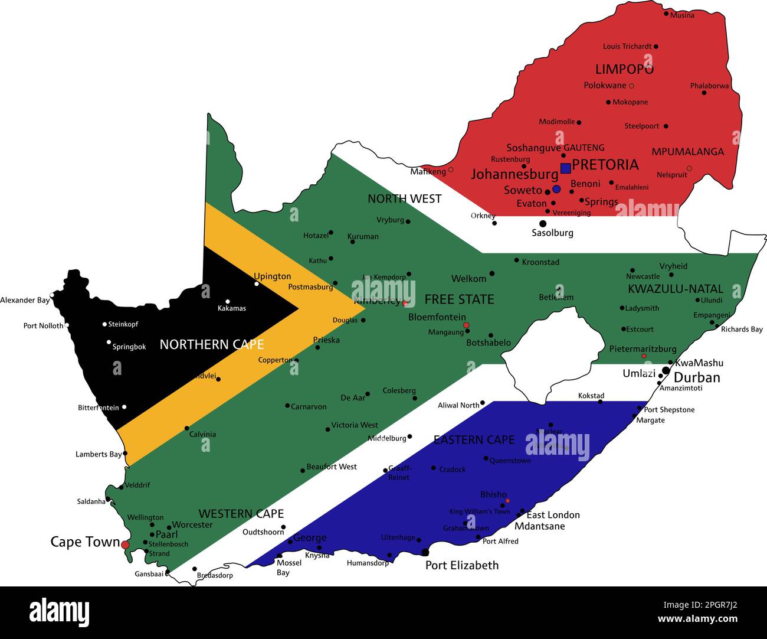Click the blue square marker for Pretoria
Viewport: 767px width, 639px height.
[x=565, y=168]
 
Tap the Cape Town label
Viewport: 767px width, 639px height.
[x=85, y=542]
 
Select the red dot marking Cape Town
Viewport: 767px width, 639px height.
[x=125, y=544]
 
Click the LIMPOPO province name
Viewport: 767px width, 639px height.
[x=624, y=69]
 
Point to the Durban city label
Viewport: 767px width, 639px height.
[x=697, y=378]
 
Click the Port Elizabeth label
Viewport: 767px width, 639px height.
[x=462, y=565]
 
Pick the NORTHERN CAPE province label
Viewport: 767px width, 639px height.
[x=212, y=344]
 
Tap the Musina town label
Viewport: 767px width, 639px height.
[x=682, y=15]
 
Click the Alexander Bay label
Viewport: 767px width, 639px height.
[x=25, y=300]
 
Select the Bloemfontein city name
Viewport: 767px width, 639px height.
[x=437, y=317]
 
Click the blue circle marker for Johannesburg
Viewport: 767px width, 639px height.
[x=556, y=189]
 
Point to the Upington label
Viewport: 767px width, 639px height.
[x=272, y=276]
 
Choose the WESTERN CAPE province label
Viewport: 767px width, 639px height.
[x=241, y=514]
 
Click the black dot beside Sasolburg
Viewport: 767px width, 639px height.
[x=543, y=223]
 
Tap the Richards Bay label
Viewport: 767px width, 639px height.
[x=742, y=330]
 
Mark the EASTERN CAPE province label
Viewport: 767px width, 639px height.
[x=474, y=440]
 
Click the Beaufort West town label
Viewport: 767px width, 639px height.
[x=332, y=467]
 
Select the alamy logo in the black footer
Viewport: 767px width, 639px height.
[x=59, y=613]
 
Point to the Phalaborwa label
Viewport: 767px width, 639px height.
[x=709, y=86]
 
